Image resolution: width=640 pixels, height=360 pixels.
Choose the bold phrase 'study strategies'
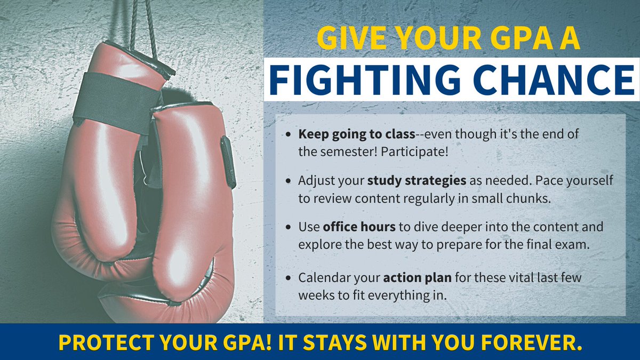point(417,180)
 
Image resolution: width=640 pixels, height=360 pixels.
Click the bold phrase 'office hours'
point(359,227)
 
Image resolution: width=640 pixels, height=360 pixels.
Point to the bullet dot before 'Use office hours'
point(289,227)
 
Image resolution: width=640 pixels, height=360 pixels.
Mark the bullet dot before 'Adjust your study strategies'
point(289,181)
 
